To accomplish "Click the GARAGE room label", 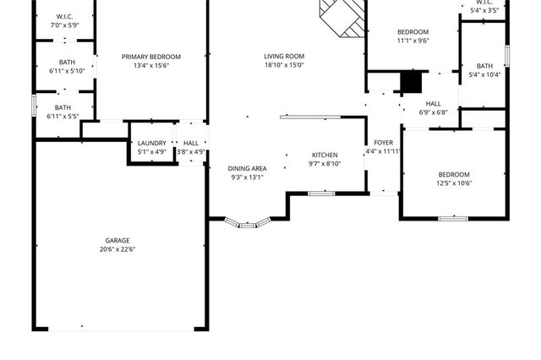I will (x=117, y=241).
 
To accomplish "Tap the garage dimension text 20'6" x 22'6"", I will (x=117, y=249).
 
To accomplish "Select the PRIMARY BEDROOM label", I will (x=151, y=57).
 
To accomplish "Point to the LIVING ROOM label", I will (x=284, y=57).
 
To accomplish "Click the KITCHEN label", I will (x=325, y=155).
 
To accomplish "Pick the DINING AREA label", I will (x=248, y=169).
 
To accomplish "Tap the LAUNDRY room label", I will (x=152, y=143).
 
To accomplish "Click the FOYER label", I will (x=383, y=143).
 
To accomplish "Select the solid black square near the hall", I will (x=410, y=83).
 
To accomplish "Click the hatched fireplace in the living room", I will (x=343, y=17).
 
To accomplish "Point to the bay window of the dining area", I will (x=249, y=224).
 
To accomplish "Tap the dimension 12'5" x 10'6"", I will (x=454, y=183).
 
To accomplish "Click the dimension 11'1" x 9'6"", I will (x=413, y=40).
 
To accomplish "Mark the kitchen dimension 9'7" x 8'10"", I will (x=325, y=164).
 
